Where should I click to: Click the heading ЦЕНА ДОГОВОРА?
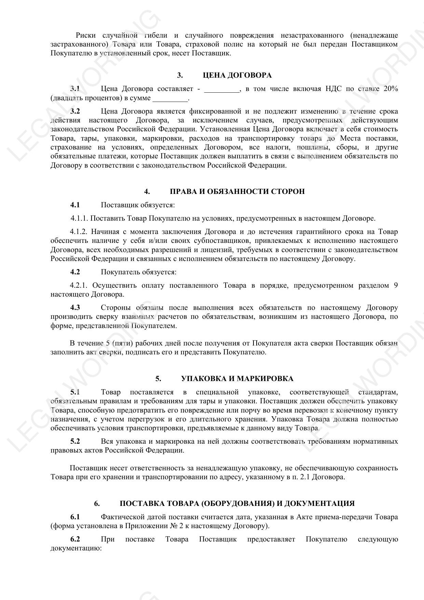tap(237, 75)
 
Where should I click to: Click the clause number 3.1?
tap(75, 89)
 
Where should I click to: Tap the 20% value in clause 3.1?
tap(391, 89)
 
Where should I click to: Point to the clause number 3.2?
tap(75, 111)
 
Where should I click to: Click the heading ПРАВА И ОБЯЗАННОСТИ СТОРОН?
tap(237, 192)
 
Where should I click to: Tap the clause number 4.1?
tap(75, 205)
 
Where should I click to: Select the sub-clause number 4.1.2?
tap(79, 232)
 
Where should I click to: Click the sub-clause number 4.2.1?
tap(79, 285)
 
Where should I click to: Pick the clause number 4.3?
tap(75, 308)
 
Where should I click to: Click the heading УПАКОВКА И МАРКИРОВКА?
tap(237, 379)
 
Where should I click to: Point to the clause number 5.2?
tap(75, 441)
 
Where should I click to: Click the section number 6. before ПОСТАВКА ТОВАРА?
tap(97, 504)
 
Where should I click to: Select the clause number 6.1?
tap(75, 517)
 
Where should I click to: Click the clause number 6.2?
tap(75, 539)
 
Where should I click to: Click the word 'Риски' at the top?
tap(86, 36)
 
